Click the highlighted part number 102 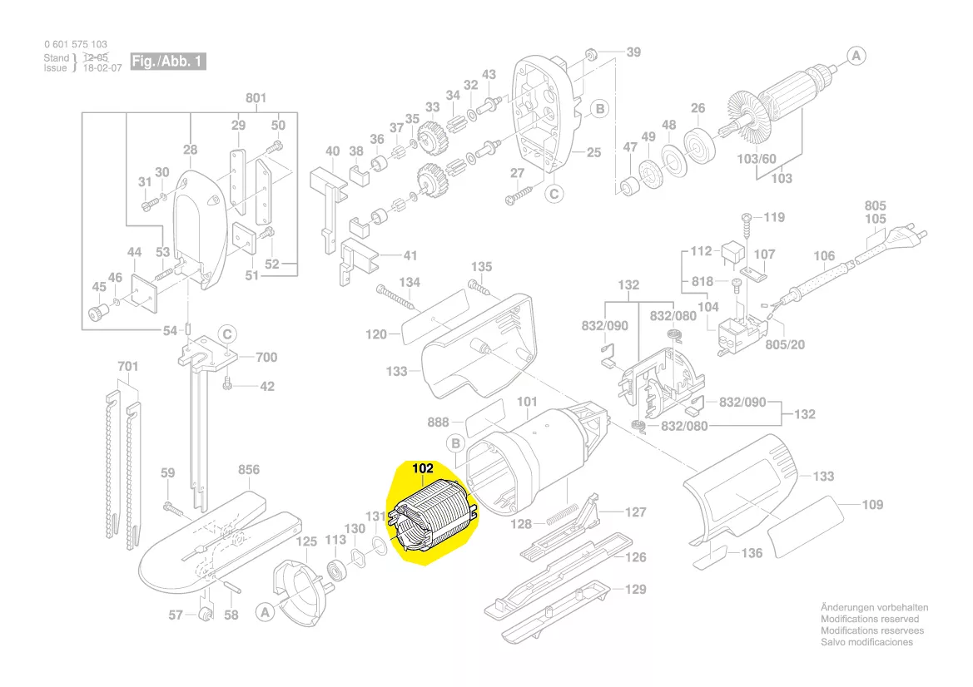[423, 469]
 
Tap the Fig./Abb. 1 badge [168, 62]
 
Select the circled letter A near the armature [856, 56]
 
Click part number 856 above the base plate [249, 469]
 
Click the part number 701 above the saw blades [127, 365]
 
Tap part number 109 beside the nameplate [873, 505]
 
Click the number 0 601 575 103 [75, 44]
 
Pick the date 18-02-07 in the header [102, 69]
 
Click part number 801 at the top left [256, 98]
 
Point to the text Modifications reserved [870, 619]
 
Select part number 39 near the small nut [633, 52]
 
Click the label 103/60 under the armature [756, 158]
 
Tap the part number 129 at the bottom [636, 589]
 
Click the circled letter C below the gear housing [554, 194]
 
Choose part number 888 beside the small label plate [438, 422]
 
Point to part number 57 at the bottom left [176, 615]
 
